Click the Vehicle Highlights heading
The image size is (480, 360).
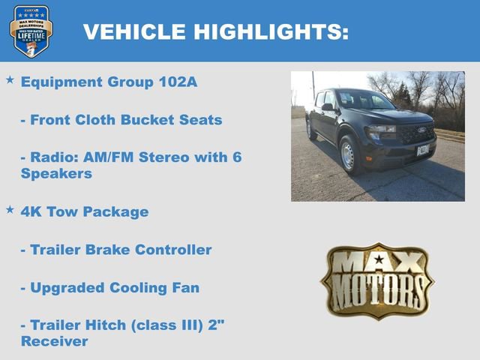[215, 31]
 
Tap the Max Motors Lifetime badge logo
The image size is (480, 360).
[31, 31]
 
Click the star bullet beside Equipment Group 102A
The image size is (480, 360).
[10, 79]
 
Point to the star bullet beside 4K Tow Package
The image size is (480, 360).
[10, 209]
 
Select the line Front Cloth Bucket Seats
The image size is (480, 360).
[121, 120]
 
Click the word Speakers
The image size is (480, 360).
[56, 173]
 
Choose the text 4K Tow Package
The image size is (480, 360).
[85, 211]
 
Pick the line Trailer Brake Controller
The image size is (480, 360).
[116, 250]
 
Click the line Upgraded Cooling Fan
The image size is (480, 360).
[109, 288]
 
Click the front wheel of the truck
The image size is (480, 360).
[349, 154]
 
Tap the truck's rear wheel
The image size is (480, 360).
[310, 129]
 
